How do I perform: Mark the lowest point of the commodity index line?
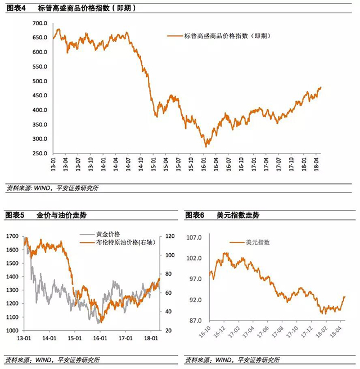[x=206, y=146]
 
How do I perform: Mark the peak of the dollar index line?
[x=226, y=253]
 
